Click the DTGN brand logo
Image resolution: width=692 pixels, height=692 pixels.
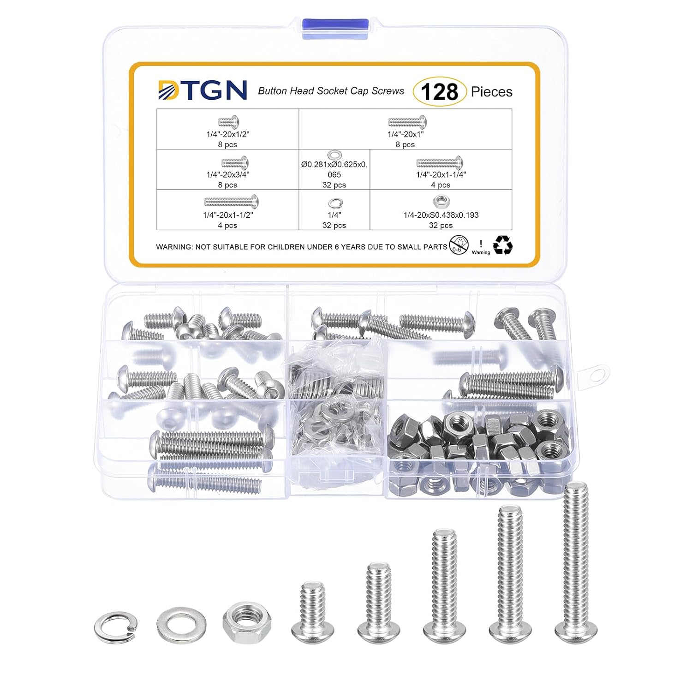202,90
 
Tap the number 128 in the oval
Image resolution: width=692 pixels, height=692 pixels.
439,91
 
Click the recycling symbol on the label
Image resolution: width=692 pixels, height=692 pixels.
502,245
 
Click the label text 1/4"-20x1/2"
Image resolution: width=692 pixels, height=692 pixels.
227,134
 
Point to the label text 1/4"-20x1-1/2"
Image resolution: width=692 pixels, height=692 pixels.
228,215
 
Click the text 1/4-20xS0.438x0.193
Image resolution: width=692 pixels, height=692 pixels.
441,215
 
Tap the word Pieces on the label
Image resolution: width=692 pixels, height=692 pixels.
491,92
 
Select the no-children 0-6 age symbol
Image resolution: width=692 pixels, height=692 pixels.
459,245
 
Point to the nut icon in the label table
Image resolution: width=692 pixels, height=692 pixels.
441,202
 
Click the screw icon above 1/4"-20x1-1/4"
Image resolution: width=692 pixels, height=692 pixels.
440,162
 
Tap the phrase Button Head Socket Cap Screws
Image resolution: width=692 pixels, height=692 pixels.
331,91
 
